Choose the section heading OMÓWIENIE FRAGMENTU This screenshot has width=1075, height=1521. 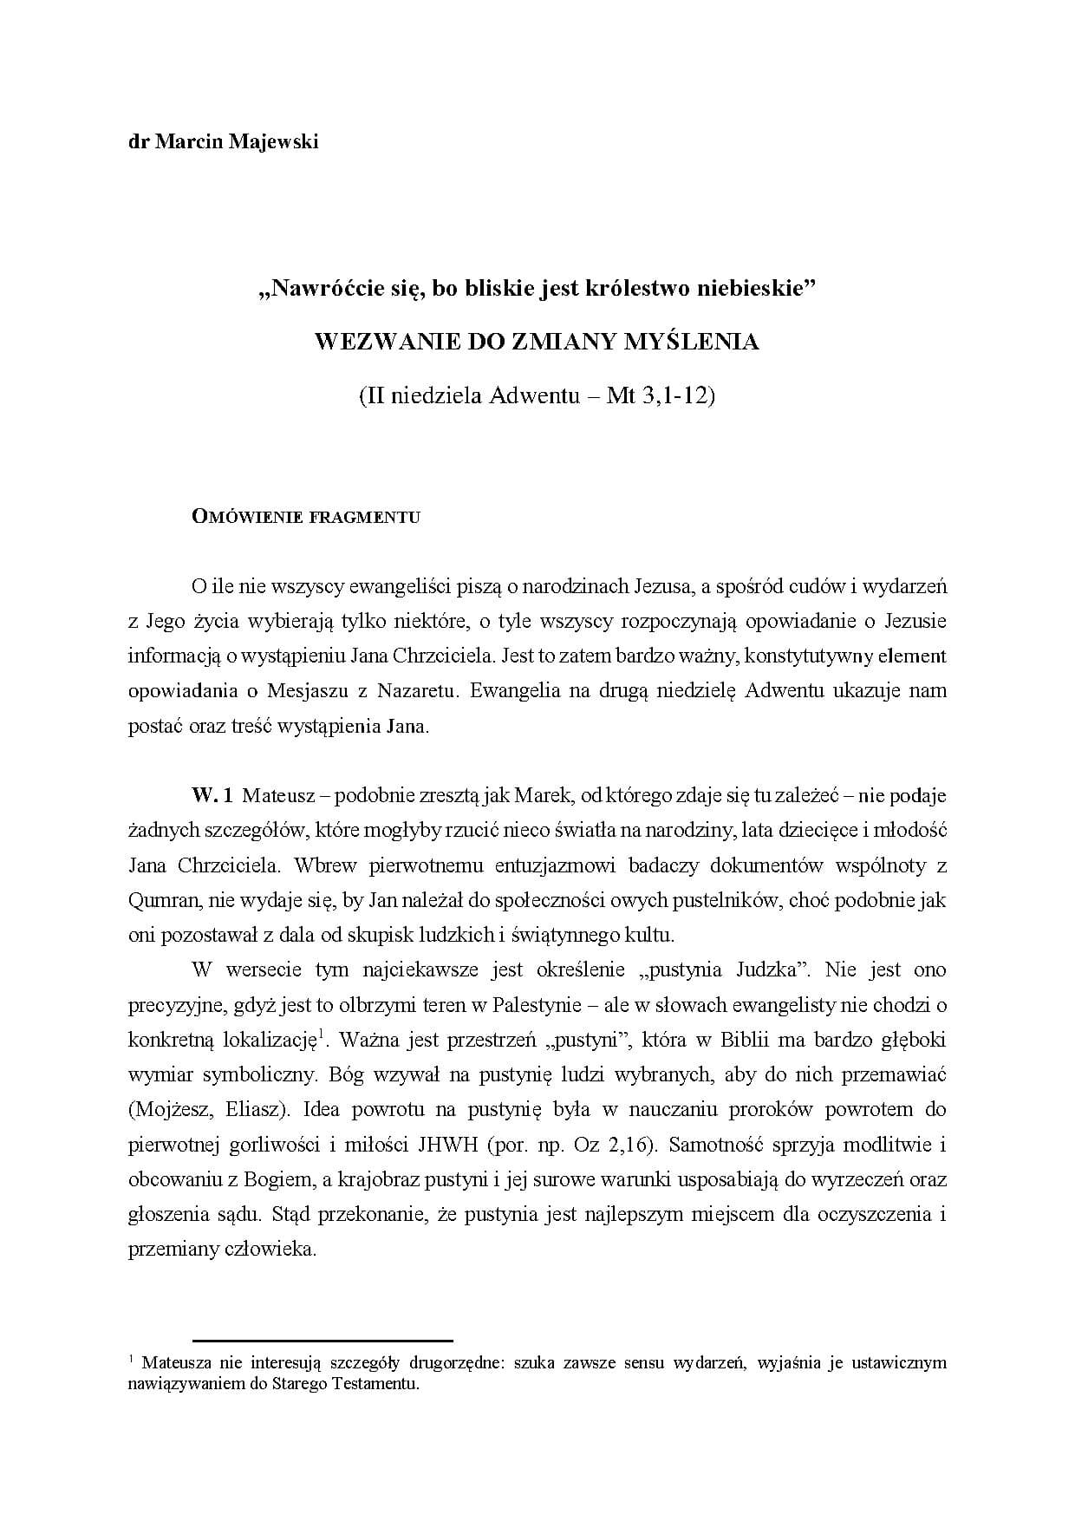[x=306, y=518]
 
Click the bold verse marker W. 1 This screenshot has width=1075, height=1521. [x=212, y=794]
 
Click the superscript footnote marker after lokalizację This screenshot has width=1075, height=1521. [x=321, y=1033]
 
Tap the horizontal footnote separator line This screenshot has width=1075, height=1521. [x=322, y=1341]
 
